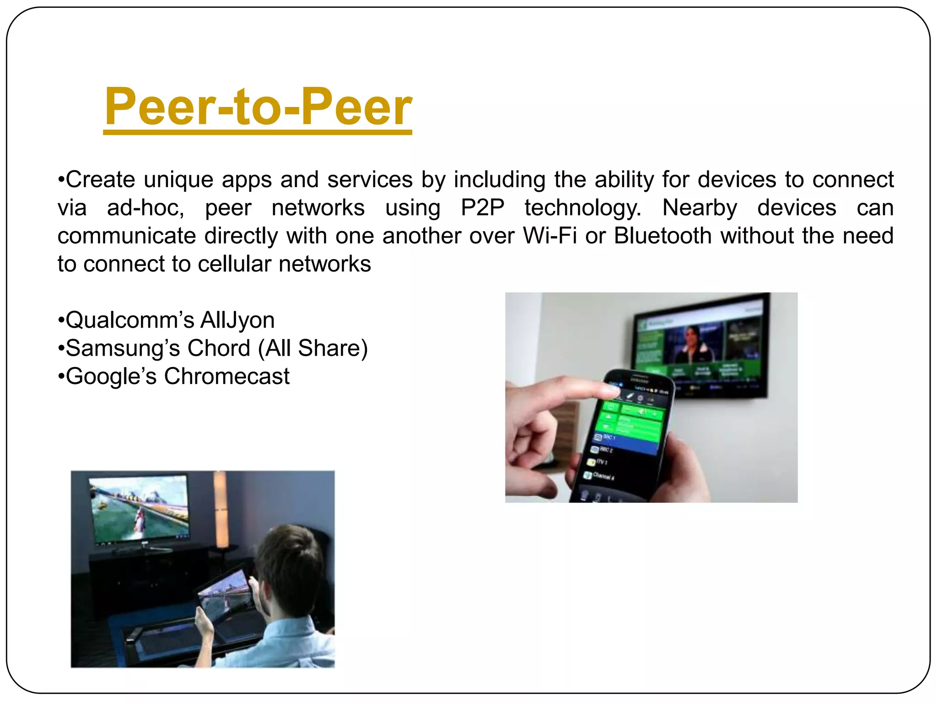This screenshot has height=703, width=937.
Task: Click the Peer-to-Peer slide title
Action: point(258,108)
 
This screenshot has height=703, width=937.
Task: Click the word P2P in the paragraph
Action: point(482,208)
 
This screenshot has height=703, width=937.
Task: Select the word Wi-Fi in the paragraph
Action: point(549,236)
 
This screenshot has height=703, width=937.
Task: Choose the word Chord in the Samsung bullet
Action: point(219,348)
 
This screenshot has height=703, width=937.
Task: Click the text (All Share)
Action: point(313,348)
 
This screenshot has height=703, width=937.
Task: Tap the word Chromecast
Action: point(226,377)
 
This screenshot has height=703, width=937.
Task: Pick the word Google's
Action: point(111,377)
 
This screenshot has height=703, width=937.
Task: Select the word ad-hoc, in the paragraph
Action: point(145,208)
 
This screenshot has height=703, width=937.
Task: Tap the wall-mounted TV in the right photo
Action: point(700,348)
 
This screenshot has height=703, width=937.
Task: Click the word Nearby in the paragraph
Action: point(700,208)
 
